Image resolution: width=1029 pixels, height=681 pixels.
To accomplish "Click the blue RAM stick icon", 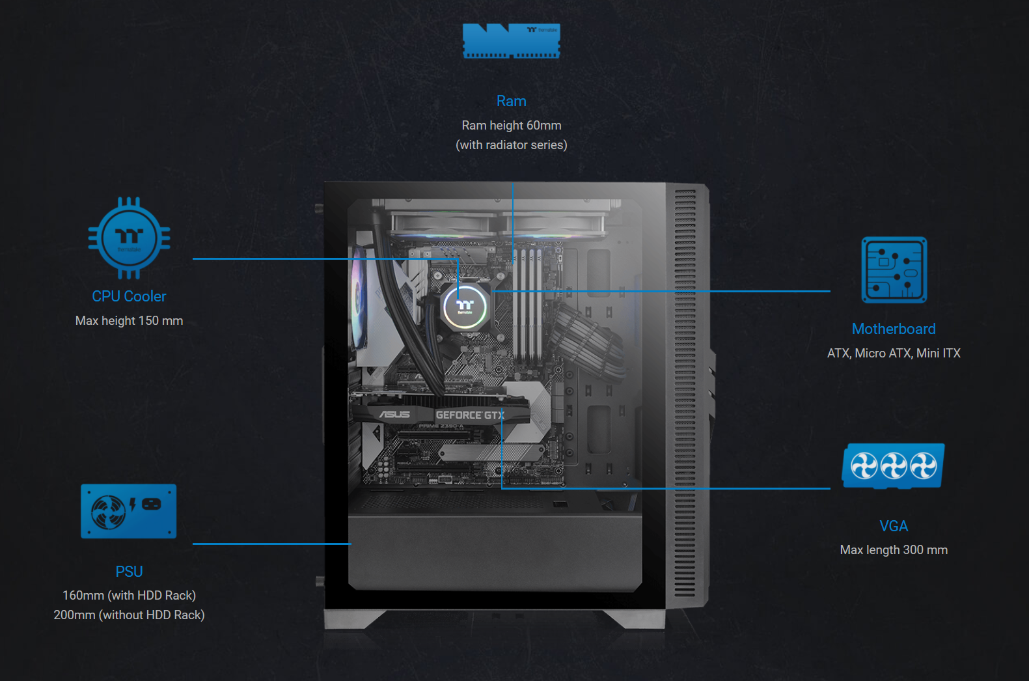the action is [x=512, y=41].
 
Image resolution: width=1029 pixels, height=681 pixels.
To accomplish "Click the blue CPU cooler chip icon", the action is [x=129, y=238].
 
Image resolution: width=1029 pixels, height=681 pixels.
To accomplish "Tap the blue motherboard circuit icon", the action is [x=894, y=270].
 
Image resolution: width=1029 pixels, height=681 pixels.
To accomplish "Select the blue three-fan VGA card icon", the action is [x=894, y=466].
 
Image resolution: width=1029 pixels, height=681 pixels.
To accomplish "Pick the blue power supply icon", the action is [x=129, y=511].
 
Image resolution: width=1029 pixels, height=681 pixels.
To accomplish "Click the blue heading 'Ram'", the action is [x=512, y=101].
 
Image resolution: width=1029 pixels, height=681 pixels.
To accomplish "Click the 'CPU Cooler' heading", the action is [x=129, y=296].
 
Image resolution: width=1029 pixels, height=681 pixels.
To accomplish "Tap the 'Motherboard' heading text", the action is [x=894, y=329].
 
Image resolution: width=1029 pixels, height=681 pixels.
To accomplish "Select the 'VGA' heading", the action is [x=894, y=526].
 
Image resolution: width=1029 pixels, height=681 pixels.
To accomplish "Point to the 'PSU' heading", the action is [x=129, y=572].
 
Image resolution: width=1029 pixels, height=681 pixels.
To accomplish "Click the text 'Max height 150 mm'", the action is [x=129, y=321].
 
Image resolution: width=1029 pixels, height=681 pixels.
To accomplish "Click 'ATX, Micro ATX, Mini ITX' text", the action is [x=894, y=354].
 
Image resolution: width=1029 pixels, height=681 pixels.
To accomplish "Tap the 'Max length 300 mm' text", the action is [x=894, y=550].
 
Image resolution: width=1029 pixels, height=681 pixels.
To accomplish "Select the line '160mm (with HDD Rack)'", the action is [x=129, y=596].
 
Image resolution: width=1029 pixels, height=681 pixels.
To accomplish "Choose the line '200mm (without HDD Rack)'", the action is [x=129, y=615].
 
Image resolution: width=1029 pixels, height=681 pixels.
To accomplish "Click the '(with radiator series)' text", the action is [x=512, y=145].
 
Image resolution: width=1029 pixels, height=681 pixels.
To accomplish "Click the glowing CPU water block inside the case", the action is [x=465, y=306].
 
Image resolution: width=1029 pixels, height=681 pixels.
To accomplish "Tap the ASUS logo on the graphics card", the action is [x=394, y=415].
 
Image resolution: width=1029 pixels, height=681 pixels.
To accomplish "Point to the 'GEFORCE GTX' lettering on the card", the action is [x=470, y=415].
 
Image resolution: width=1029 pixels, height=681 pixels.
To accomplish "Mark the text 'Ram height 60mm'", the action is [x=512, y=126].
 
